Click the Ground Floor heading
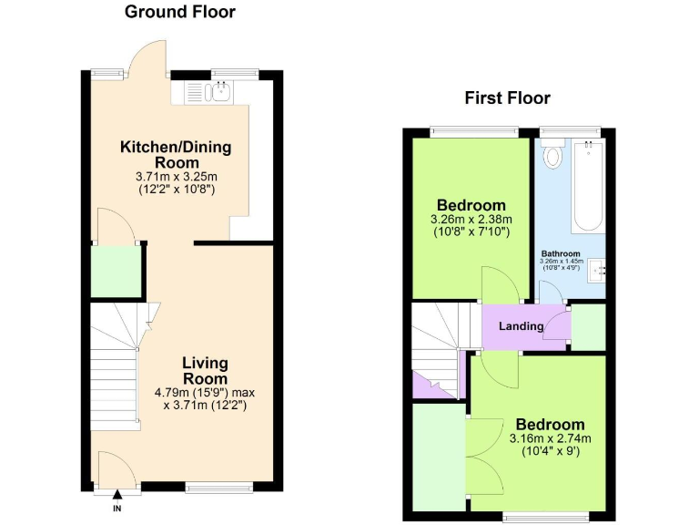[179, 12]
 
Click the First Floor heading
[507, 98]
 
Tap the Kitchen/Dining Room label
[177, 154]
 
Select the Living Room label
[205, 370]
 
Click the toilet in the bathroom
[552, 156]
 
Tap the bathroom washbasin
[596, 269]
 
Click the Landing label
[521, 326]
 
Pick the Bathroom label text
[561, 253]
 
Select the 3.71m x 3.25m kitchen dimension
[176, 177]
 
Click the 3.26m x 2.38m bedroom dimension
[471, 220]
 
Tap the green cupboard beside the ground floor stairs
[116, 272]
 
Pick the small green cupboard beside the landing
[588, 329]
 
